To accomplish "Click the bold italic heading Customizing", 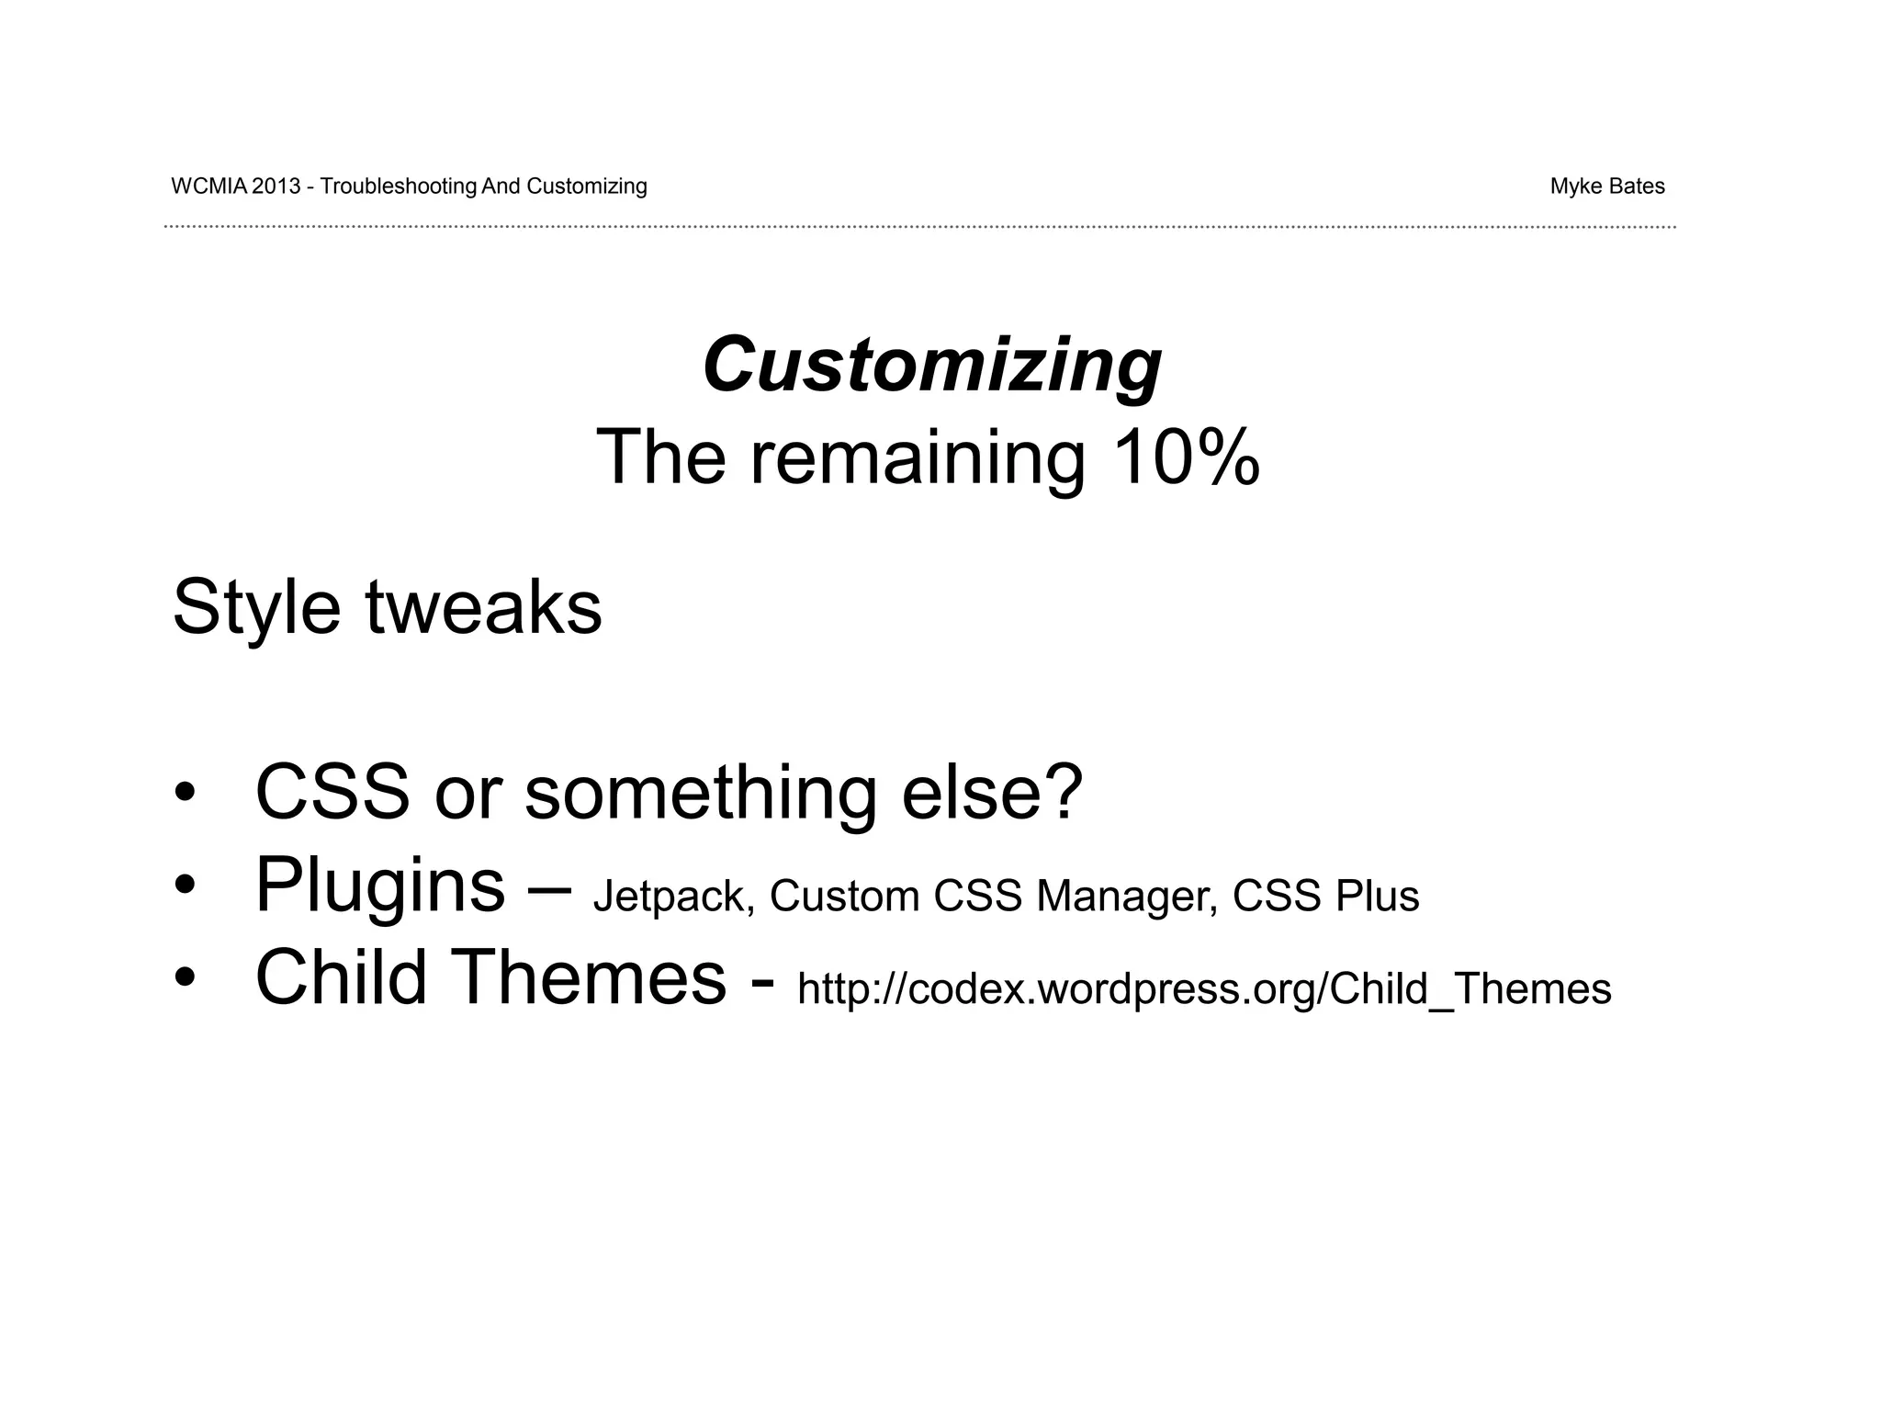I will (x=932, y=366).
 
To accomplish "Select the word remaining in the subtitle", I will (x=918, y=457).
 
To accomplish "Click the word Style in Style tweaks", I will (x=256, y=608).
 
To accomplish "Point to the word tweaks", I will (x=483, y=608).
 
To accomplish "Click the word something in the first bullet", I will (x=700, y=792).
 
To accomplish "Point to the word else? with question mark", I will (x=992, y=792).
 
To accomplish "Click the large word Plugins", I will (x=379, y=886).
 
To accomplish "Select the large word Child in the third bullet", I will (x=341, y=977).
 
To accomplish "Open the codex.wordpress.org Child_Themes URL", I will (x=1204, y=989).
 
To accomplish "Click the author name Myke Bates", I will (x=1607, y=186).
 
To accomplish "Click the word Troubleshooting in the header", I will (x=399, y=186).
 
